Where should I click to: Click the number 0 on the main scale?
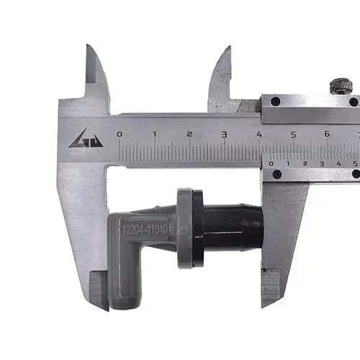[x=119, y=134]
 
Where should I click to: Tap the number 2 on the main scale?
[x=189, y=134]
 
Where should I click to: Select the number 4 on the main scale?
[x=258, y=135]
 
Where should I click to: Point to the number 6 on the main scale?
[x=327, y=134]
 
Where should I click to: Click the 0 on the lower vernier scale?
[x=271, y=163]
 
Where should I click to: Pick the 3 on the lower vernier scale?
[x=322, y=163]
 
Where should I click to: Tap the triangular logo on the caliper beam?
[x=86, y=138]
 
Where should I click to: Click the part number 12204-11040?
[x=145, y=230]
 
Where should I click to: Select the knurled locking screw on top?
[x=341, y=87]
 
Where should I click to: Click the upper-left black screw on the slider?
[x=275, y=102]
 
